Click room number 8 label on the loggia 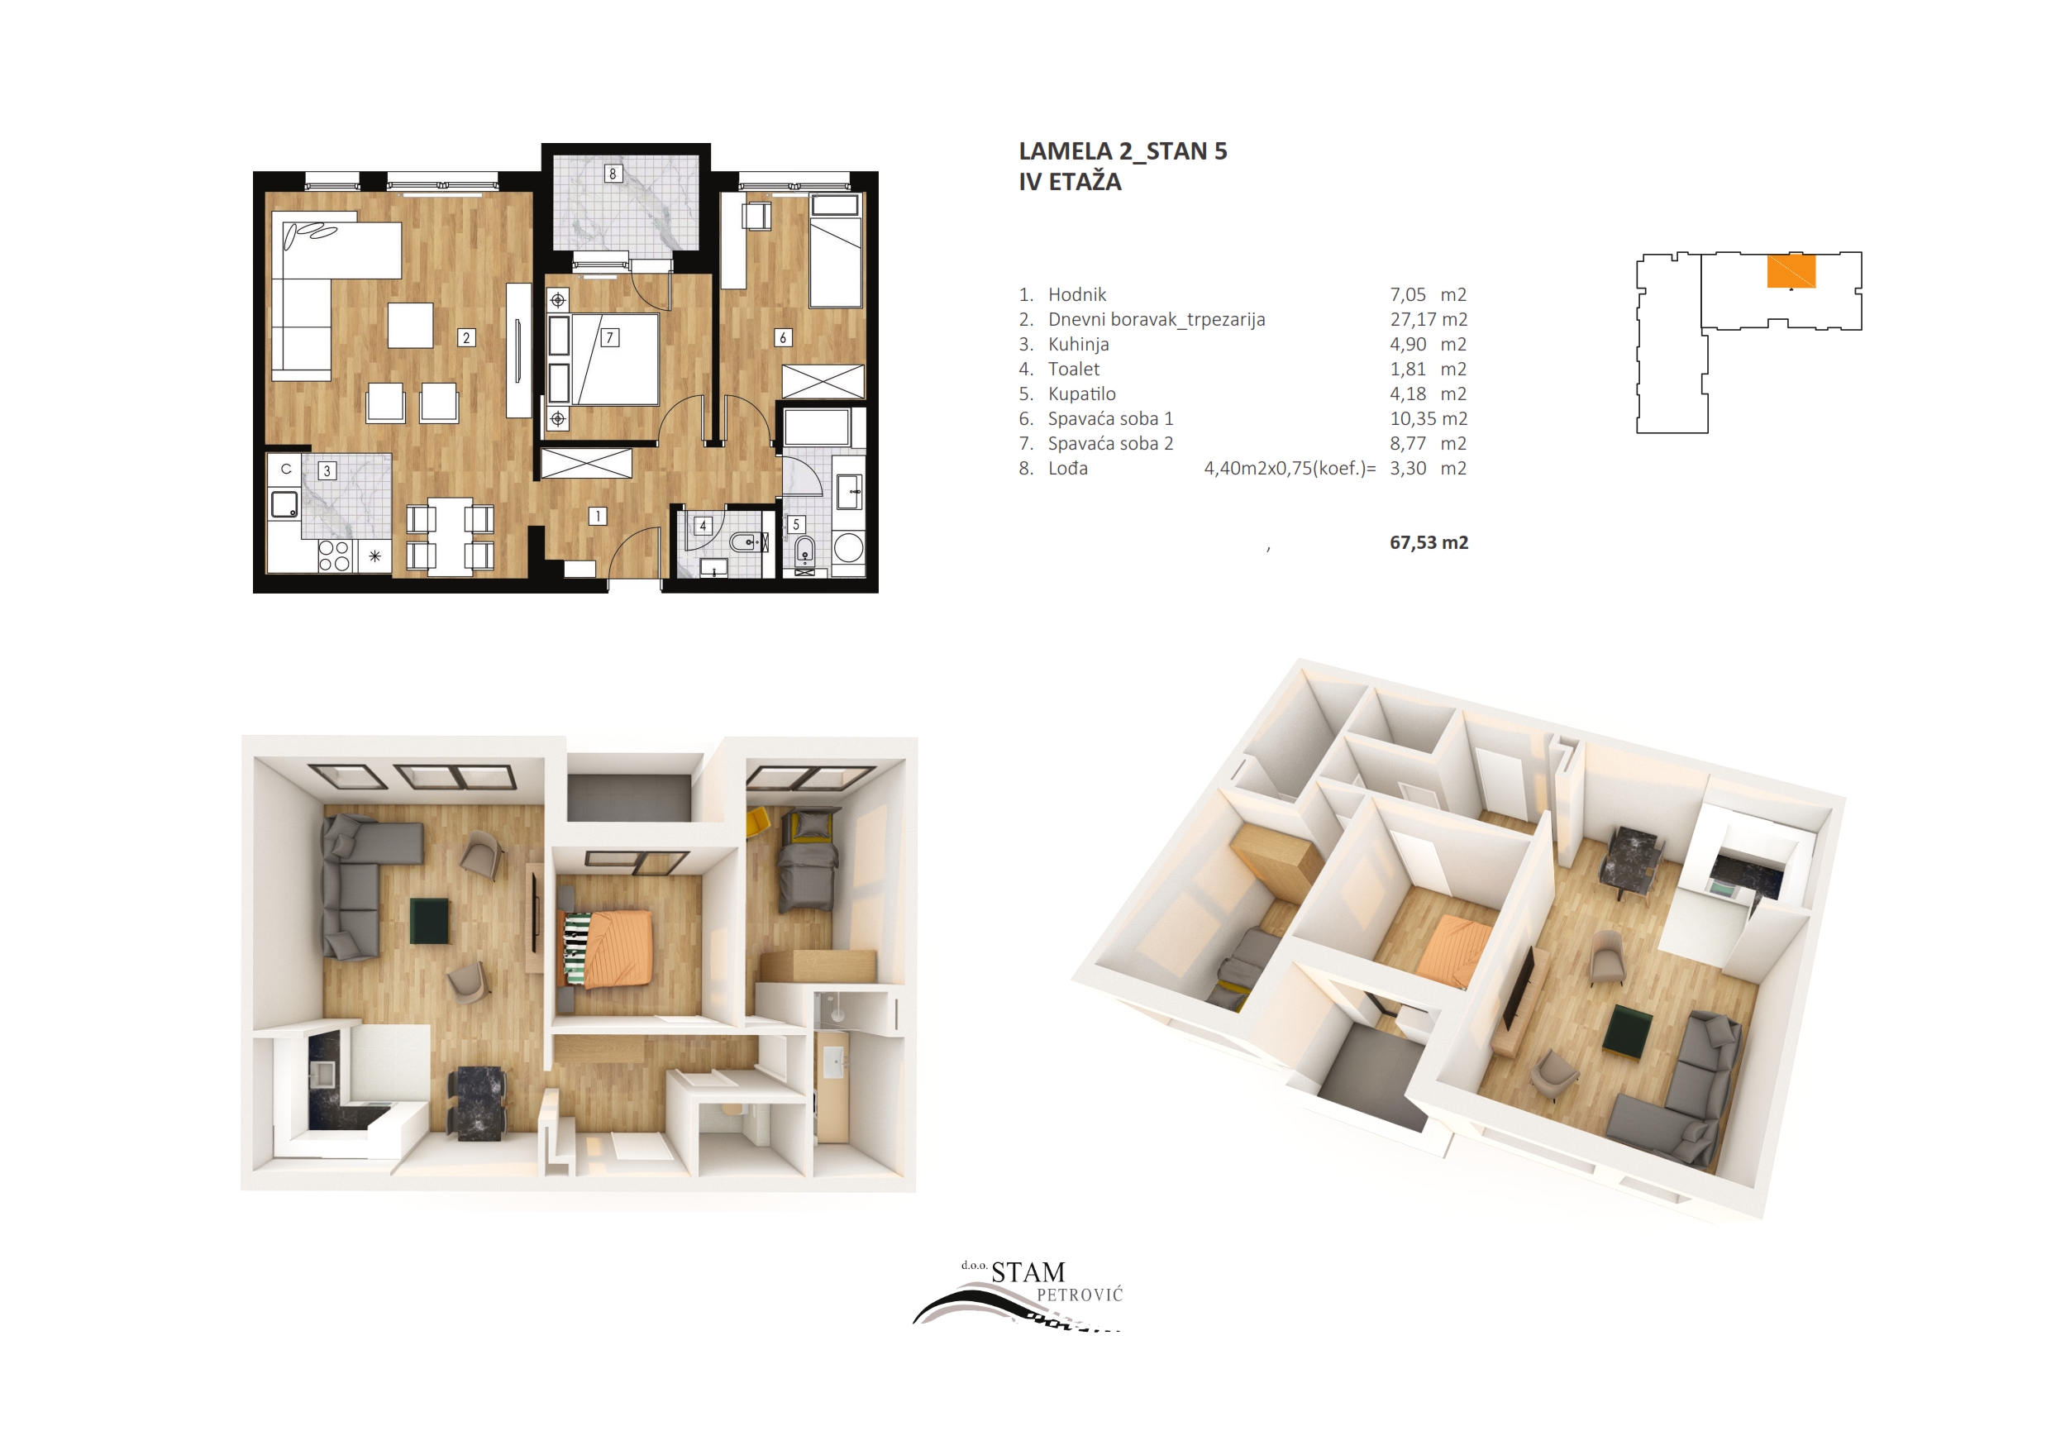(613, 174)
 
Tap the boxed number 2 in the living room (465, 338)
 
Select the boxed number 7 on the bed (610, 338)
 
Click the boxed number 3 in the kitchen (327, 471)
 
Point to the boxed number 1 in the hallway (598, 516)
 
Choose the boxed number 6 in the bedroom (783, 338)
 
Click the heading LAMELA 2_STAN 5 (1123, 152)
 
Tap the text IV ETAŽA (1071, 181)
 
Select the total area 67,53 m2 (1429, 542)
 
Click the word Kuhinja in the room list (1078, 344)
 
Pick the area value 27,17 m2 (1429, 319)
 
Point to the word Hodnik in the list (1076, 294)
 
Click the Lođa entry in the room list (1067, 468)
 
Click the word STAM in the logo (1028, 1272)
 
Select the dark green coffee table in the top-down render (429, 921)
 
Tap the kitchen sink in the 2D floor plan (285, 504)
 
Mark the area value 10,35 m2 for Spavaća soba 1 (1429, 418)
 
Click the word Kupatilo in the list (1082, 394)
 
